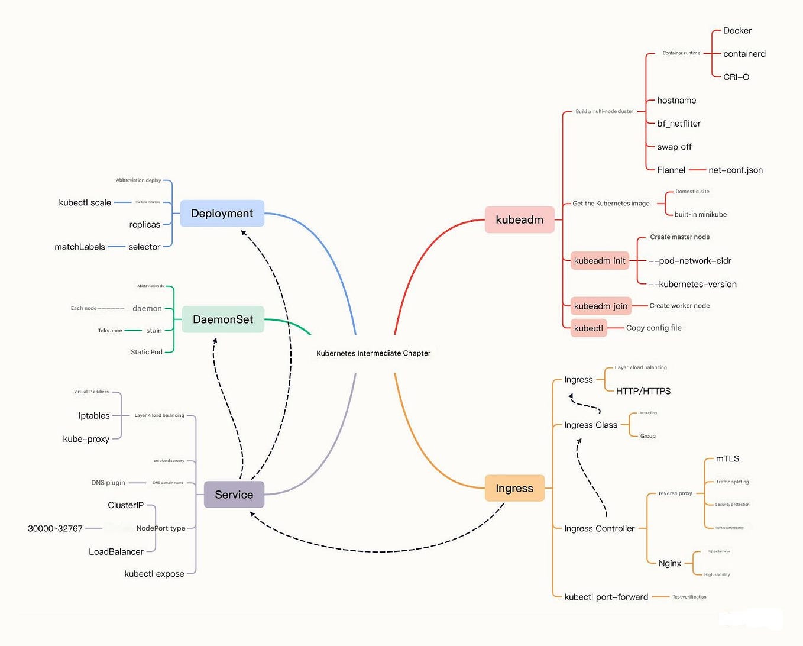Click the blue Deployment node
pos(222,214)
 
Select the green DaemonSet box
pos(223,319)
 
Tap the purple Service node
pos(234,495)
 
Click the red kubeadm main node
pos(519,220)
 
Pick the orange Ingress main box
pos(514,489)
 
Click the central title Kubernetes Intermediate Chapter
pos(373,353)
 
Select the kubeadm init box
pos(600,261)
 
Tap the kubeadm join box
pos(601,306)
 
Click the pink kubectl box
pos(588,328)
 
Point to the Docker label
pos(737,31)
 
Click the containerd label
pos(744,54)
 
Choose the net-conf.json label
pos(736,170)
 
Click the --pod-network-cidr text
pos(690,261)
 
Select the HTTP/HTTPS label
pos(643,391)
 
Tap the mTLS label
pos(727,459)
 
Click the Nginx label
pos(670,563)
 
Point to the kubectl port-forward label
pos(606,597)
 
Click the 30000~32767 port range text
pos(55,528)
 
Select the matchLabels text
pos(80,247)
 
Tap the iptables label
pos(94,416)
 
